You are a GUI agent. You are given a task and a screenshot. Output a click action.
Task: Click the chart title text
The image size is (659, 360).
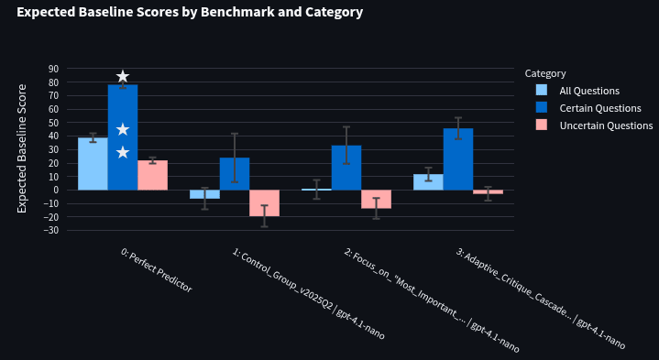point(190,12)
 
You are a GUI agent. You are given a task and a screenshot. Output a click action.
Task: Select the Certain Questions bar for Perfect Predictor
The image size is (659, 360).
point(123,137)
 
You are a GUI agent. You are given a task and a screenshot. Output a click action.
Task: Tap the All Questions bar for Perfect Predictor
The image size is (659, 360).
point(93,164)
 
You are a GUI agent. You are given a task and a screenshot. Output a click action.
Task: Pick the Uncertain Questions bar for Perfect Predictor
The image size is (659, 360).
point(152,175)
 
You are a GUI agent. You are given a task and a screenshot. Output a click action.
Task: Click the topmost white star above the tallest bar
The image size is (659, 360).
point(123,76)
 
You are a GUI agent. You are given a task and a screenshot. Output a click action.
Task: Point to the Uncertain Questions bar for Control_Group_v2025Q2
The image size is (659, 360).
point(264,203)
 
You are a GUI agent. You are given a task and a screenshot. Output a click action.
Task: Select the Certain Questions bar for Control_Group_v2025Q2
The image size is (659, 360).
point(235,174)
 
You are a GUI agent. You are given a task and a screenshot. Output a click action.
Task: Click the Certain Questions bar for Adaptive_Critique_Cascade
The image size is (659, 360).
point(458,159)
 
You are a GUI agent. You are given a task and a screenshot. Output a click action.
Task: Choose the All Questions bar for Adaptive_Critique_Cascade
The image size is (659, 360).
point(428,182)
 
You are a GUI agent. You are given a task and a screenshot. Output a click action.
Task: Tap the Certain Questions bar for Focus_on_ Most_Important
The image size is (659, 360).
point(346,168)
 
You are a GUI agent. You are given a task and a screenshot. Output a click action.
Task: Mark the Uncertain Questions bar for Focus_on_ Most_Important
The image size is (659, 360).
point(376,199)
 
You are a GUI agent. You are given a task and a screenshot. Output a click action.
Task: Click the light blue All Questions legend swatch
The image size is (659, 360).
point(542,91)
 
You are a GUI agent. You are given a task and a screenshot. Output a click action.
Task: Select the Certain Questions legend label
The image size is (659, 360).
point(600,108)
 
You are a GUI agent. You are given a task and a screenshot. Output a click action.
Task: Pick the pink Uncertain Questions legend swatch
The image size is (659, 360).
point(542,125)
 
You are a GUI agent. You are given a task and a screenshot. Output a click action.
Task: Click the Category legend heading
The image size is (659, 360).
point(545,73)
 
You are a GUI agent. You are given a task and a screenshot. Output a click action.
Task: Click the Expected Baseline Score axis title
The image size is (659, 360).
point(21,148)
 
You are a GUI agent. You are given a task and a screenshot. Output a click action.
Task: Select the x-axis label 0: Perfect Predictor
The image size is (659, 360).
point(157,270)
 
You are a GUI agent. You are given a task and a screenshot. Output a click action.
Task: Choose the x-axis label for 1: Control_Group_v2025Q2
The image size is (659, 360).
point(308,294)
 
